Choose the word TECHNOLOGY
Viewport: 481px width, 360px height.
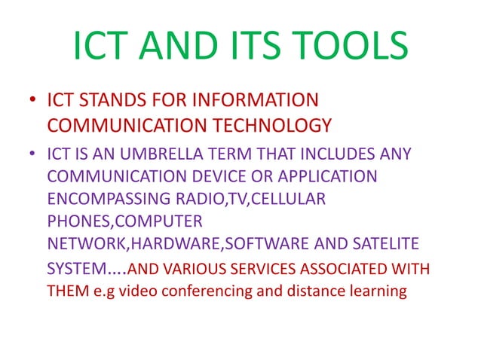(274, 124)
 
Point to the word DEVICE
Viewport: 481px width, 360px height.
(217, 178)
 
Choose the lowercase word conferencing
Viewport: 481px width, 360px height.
(188, 291)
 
